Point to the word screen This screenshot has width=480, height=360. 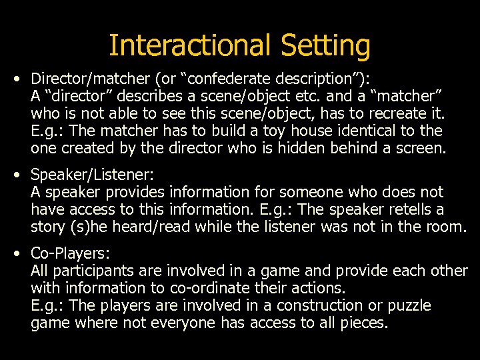[417, 147]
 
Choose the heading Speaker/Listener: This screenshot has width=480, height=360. [93, 175]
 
